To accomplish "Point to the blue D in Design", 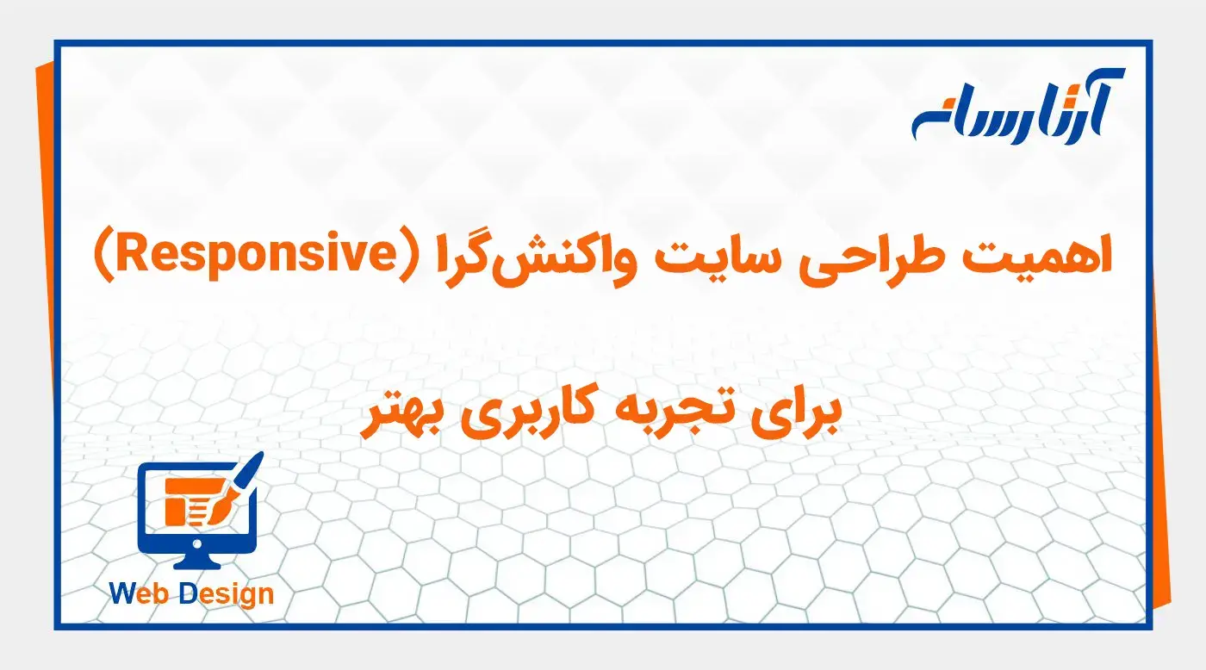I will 188,593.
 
